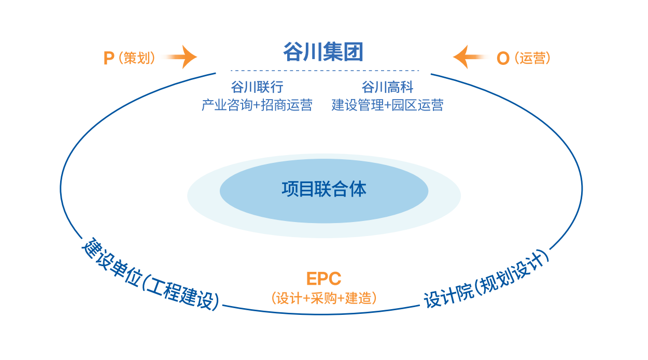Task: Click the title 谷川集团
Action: click(x=323, y=52)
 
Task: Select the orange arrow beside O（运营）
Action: click(x=468, y=57)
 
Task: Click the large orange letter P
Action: click(x=109, y=58)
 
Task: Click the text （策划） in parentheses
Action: click(x=136, y=58)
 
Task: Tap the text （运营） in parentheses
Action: click(x=532, y=58)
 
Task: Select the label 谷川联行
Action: click(x=257, y=86)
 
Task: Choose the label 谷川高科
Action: click(x=388, y=86)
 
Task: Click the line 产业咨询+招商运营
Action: click(x=257, y=105)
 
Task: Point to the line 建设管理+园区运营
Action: click(x=388, y=105)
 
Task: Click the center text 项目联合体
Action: click(x=324, y=189)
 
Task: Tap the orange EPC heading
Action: click(x=323, y=279)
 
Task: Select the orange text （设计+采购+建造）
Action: click(x=323, y=298)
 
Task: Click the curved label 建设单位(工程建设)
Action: click(x=150, y=275)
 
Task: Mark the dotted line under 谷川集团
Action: click(x=325, y=71)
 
